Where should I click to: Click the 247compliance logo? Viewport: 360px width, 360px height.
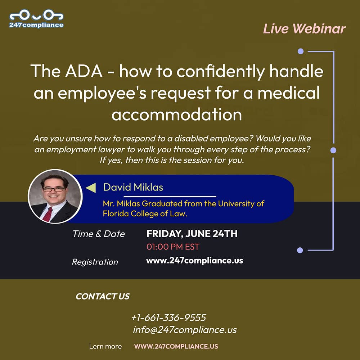(36, 19)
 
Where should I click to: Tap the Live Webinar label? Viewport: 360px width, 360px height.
(304, 29)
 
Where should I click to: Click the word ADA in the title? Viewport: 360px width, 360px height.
(84, 71)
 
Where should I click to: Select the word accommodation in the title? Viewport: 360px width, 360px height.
(176, 114)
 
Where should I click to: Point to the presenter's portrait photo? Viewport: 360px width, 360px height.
(55, 196)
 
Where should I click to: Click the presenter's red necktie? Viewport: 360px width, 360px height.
(47, 214)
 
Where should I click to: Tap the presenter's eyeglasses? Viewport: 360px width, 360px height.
(54, 189)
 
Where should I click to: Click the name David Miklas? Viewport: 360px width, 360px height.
(133, 187)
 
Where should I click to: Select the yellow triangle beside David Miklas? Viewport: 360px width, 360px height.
(91, 188)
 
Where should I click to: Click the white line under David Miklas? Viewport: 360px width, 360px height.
(170, 197)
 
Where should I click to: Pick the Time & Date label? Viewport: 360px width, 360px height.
(99, 234)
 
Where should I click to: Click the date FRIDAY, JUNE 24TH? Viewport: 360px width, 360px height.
(192, 234)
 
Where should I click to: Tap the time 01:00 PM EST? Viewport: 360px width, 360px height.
(173, 247)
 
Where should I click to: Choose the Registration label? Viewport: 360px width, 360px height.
(95, 262)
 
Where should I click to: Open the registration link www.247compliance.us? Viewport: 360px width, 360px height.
(194, 261)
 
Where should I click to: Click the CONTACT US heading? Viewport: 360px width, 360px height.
(103, 296)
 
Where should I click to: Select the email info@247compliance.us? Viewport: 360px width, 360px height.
(185, 330)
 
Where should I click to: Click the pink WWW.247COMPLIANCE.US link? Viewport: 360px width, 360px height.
(176, 346)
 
